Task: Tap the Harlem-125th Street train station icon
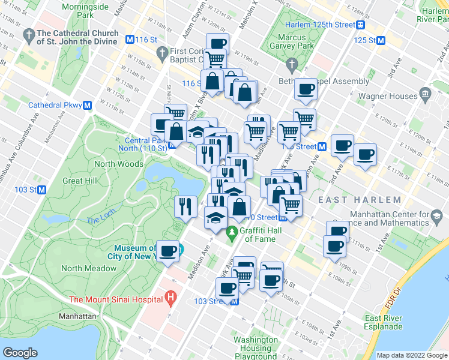361,25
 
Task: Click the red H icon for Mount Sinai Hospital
171,297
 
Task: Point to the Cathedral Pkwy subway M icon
88,105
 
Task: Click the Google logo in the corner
20,353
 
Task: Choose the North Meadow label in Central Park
88,268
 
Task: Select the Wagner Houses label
388,96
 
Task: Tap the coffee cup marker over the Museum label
167,250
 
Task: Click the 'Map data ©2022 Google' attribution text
411,355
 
